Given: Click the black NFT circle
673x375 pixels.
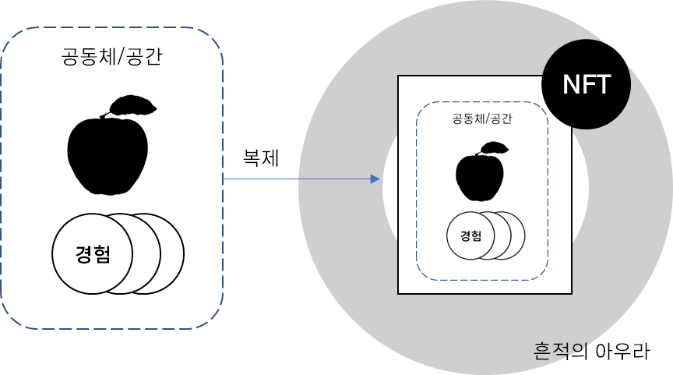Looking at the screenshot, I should tap(586, 84).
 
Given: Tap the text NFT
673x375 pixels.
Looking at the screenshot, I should tap(586, 84).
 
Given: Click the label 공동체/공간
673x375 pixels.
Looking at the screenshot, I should tap(481, 121).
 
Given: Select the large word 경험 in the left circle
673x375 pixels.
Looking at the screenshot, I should tap(93, 254).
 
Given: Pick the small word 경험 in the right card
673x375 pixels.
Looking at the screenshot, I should tap(470, 235).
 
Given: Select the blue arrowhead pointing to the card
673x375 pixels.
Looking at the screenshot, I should tap(375, 179).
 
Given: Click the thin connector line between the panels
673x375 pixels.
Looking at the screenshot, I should tap(296, 179).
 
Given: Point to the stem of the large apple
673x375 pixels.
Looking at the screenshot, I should tap(102, 117).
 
